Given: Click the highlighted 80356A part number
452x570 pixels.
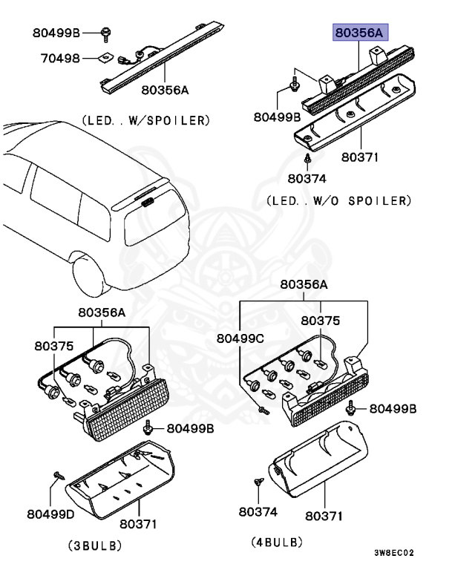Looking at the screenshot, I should click(360, 33).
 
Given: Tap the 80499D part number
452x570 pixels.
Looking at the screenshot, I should click(51, 513).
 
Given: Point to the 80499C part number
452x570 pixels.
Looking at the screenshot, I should click(240, 338).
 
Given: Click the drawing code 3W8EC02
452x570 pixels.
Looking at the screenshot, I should click(393, 553).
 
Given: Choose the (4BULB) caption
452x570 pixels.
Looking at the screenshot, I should click(277, 543).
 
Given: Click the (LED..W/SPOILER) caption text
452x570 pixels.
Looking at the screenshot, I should click(145, 119).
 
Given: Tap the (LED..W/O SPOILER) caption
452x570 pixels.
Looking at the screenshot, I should click(338, 200).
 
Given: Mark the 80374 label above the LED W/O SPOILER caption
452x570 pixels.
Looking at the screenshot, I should click(307, 179).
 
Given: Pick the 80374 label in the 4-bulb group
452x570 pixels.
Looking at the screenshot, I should click(258, 512).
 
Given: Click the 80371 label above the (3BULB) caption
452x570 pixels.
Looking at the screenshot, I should click(138, 524).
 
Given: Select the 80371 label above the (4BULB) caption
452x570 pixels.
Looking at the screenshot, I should click(324, 515).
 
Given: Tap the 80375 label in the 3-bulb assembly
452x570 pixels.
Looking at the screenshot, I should click(53, 346).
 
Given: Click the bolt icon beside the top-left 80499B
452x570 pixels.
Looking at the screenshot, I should click(106, 32).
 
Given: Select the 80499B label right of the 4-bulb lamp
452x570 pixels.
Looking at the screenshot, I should click(393, 409).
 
